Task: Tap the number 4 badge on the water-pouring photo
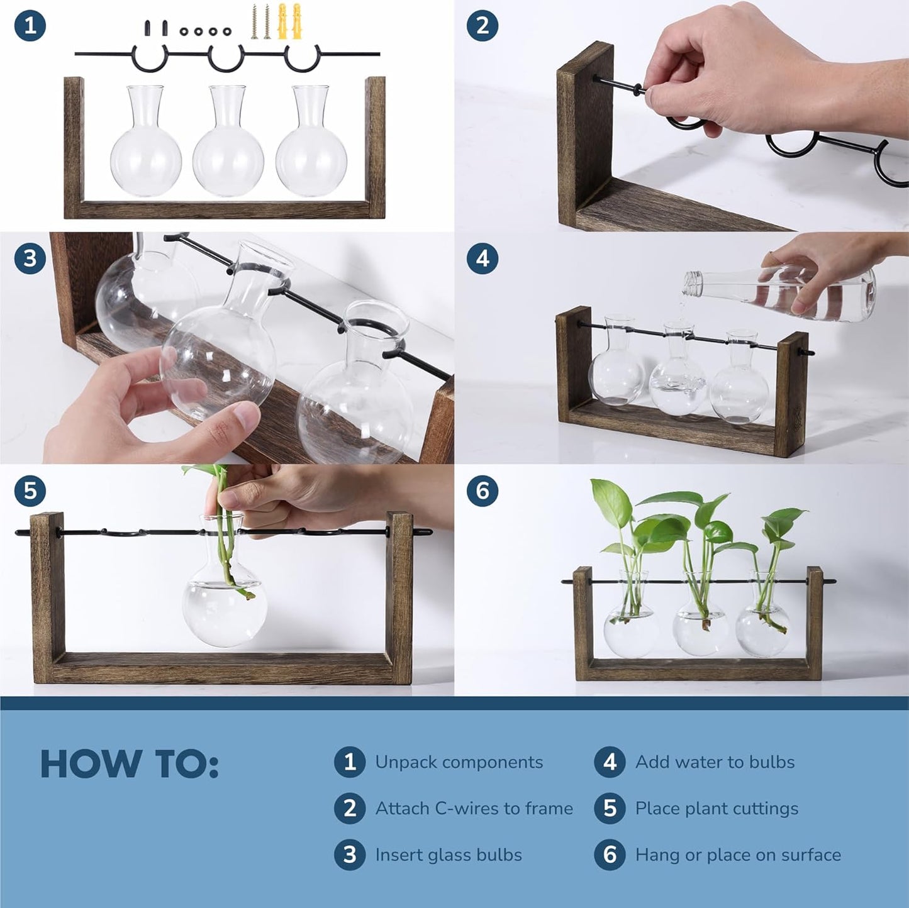click(x=482, y=258)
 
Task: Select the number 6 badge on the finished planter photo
click(x=482, y=490)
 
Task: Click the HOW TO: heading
click(x=129, y=764)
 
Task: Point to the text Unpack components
click(x=459, y=762)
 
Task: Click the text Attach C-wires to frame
click(x=474, y=808)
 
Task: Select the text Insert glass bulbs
click(x=448, y=855)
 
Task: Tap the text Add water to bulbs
click(x=715, y=762)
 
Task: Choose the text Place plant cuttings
click(x=717, y=808)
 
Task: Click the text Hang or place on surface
click(x=738, y=855)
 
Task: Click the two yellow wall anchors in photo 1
click(x=289, y=21)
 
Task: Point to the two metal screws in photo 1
click(x=260, y=22)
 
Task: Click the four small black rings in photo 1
click(x=206, y=31)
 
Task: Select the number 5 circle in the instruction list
click(x=610, y=808)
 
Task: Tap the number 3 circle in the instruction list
click(x=350, y=855)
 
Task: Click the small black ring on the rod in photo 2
click(x=640, y=90)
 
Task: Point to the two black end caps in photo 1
click(x=155, y=28)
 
